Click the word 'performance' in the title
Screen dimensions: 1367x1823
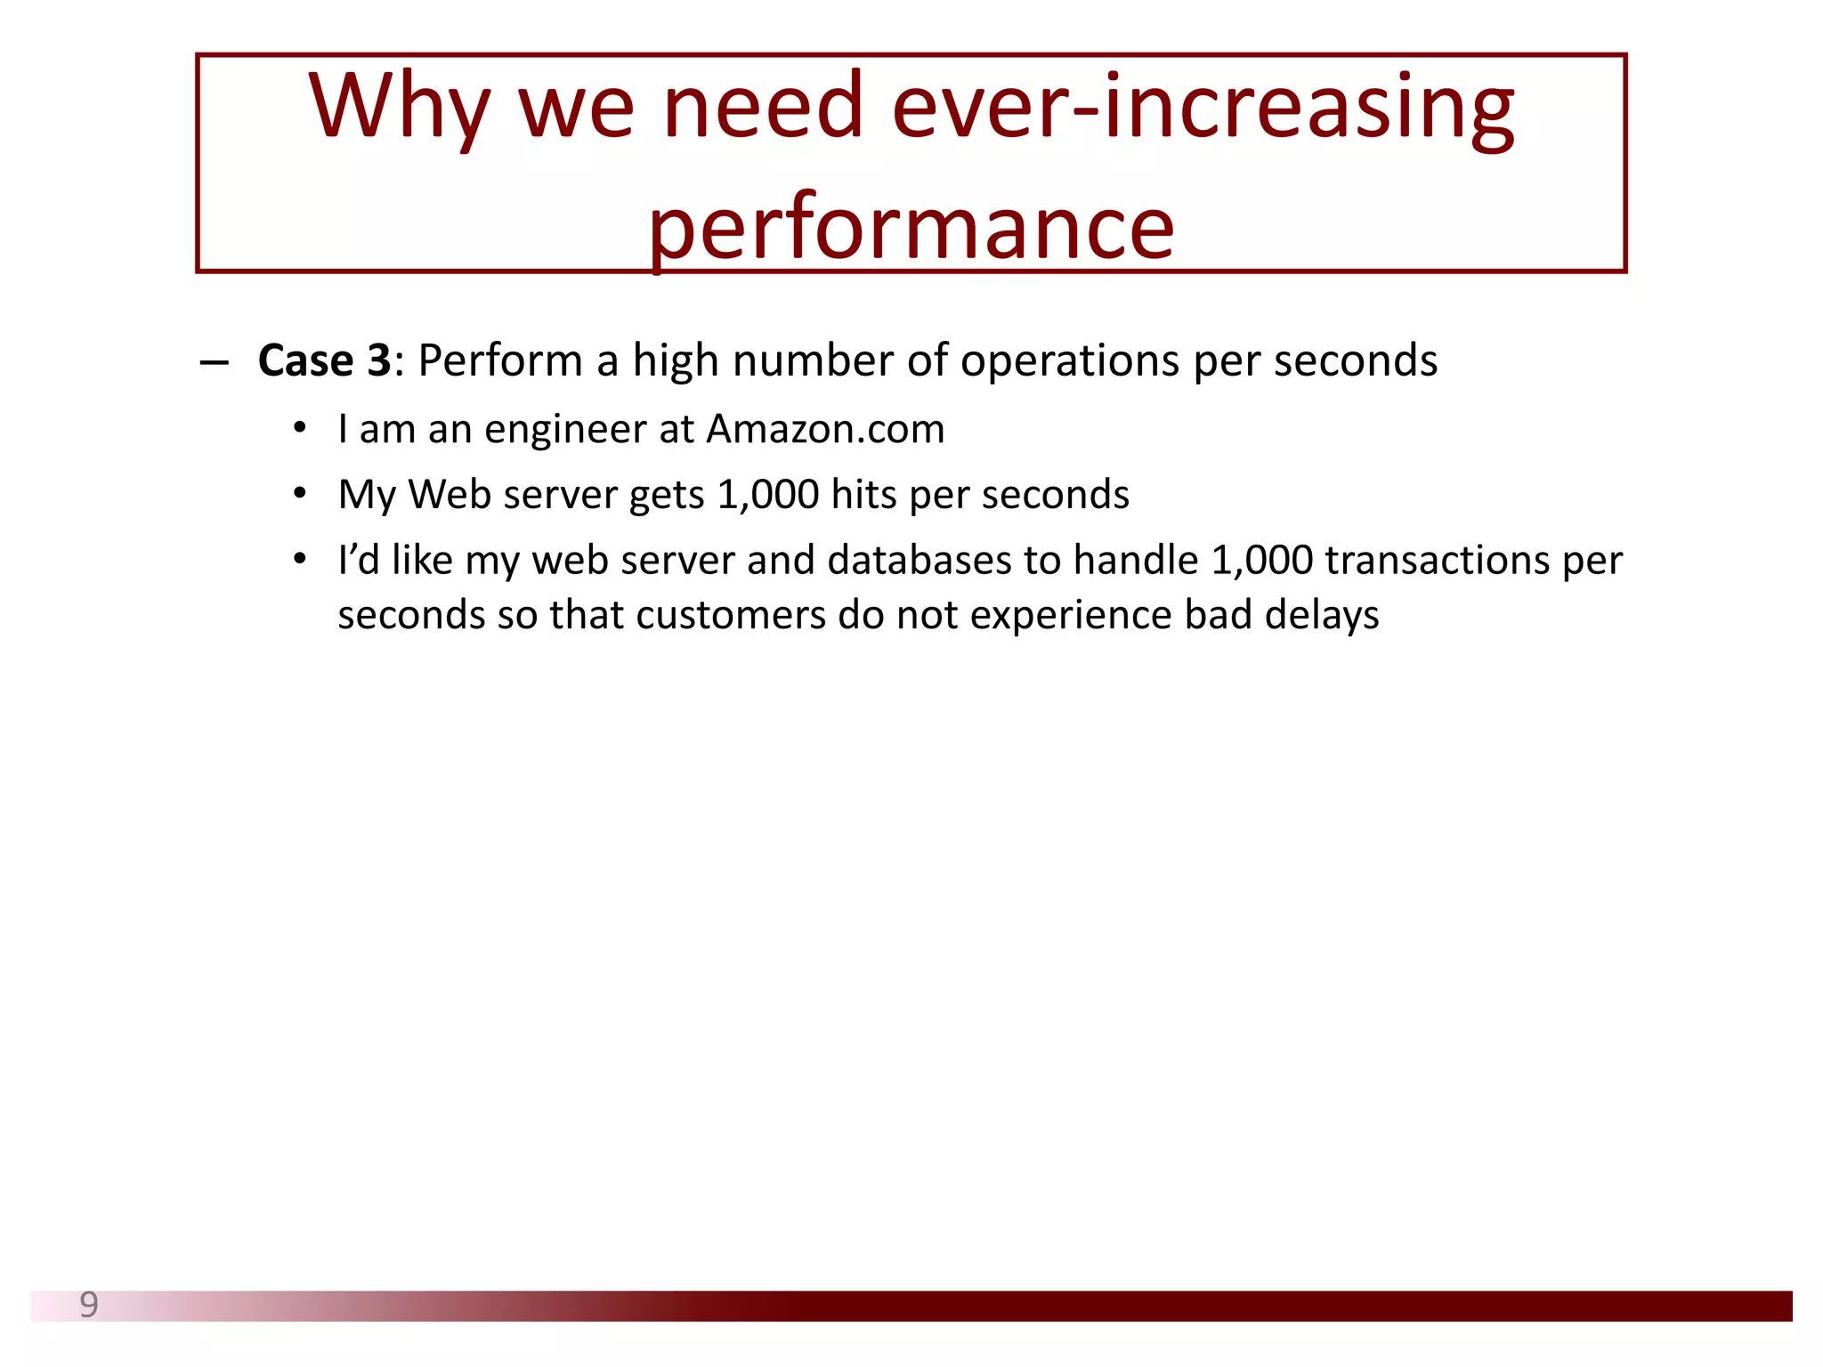(x=911, y=230)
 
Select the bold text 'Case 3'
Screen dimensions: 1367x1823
(x=324, y=361)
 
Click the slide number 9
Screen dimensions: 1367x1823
(x=89, y=1305)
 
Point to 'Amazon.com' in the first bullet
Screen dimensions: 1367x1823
(x=825, y=430)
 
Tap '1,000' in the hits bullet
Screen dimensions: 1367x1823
(x=767, y=495)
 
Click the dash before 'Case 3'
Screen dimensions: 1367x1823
(x=215, y=363)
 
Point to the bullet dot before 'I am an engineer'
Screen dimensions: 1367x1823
(x=301, y=428)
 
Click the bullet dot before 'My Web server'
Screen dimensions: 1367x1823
(x=301, y=493)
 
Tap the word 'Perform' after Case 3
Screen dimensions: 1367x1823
(x=500, y=361)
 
